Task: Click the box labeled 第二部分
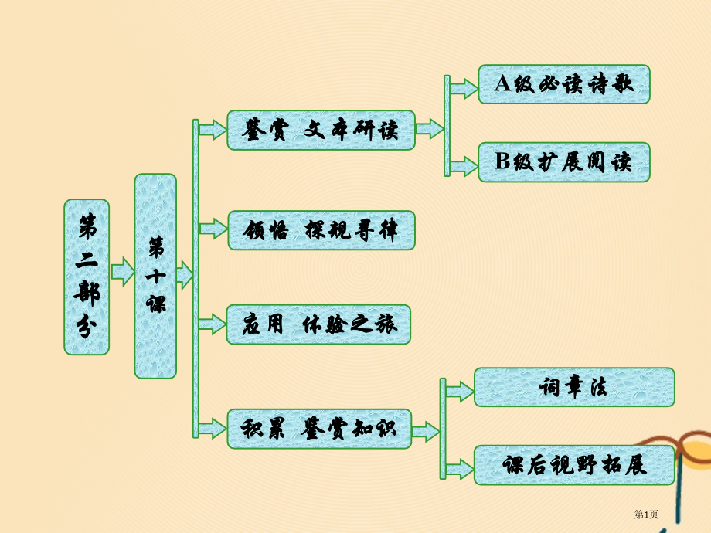point(87,277)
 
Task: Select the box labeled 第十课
point(155,276)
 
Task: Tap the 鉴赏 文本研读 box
point(321,130)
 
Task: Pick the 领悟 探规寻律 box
point(321,230)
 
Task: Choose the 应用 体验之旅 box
point(318,324)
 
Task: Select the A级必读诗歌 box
point(563,84)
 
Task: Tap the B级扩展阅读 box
point(563,162)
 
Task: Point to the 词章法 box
point(573,387)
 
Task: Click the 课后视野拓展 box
point(573,465)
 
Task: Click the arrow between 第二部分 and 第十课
point(122,272)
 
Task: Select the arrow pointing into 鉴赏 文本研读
point(213,129)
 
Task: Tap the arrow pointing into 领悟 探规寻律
point(213,229)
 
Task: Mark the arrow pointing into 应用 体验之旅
point(213,324)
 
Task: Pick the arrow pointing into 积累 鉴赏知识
point(213,426)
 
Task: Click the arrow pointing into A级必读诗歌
point(464,88)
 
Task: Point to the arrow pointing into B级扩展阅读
point(464,165)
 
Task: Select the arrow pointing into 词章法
point(460,391)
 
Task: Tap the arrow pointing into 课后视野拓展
point(460,467)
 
